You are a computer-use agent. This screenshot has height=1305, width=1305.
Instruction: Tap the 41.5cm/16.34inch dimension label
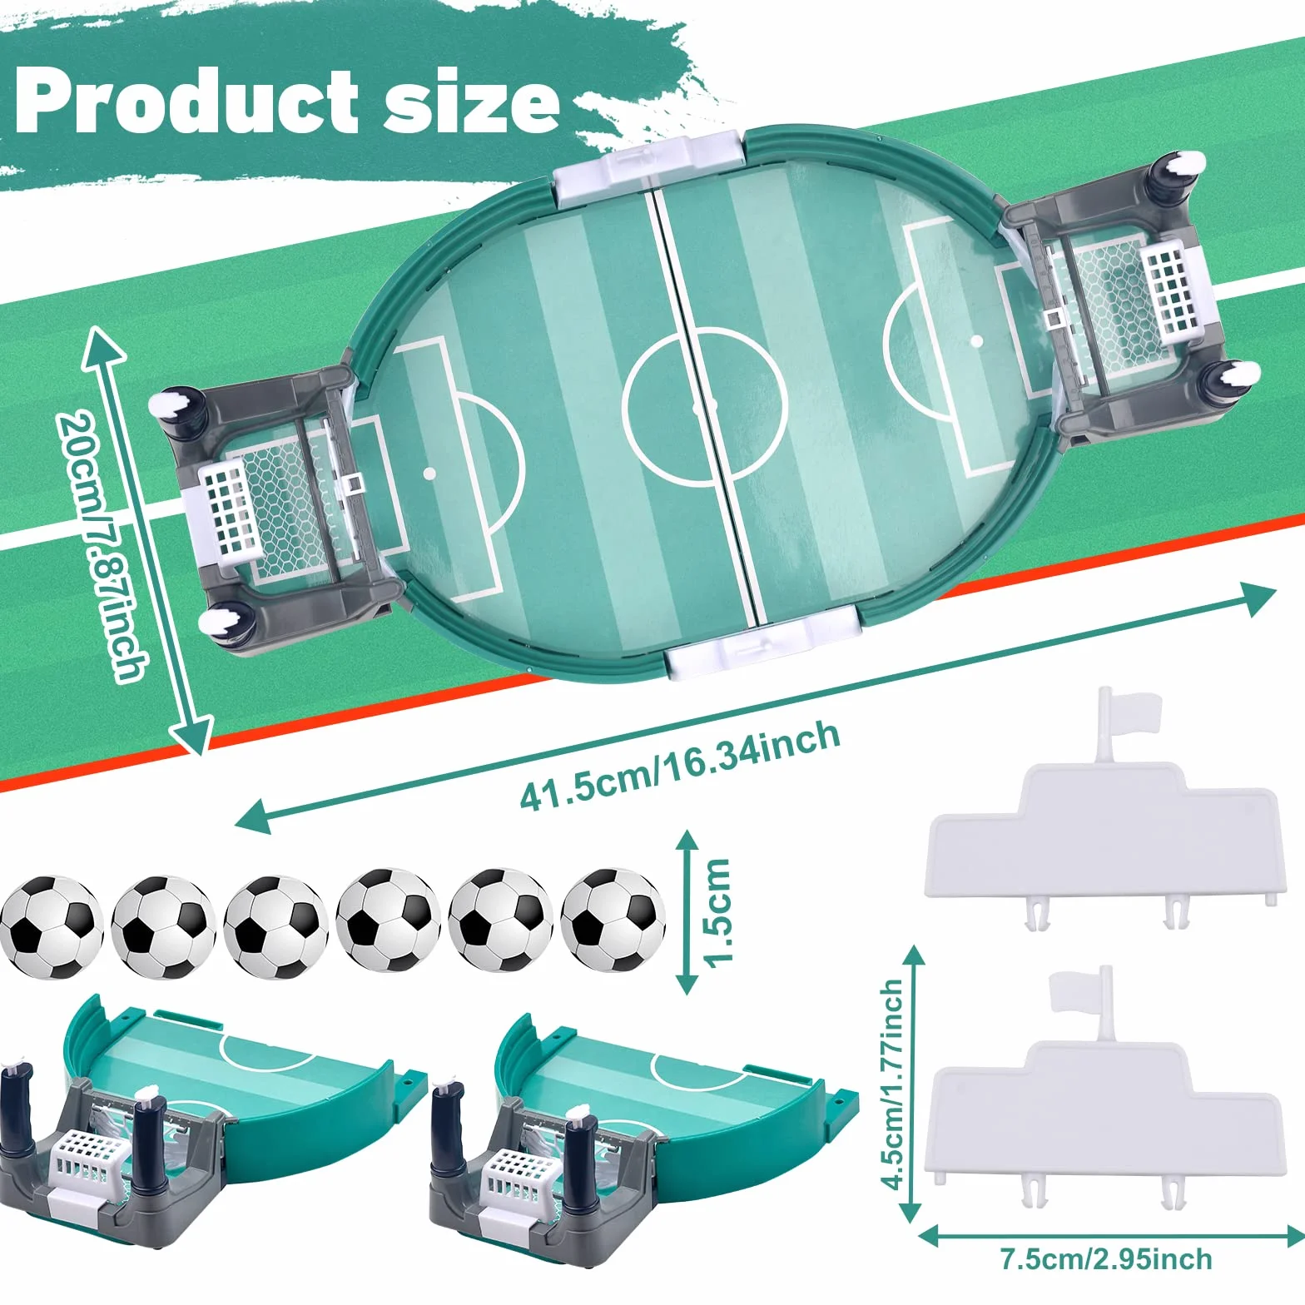tap(680, 765)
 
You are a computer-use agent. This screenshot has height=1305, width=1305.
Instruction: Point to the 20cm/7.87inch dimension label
tap(102, 546)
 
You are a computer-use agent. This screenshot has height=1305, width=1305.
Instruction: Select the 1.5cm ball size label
tap(717, 912)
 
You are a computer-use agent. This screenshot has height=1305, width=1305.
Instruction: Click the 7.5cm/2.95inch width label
tap(1106, 1258)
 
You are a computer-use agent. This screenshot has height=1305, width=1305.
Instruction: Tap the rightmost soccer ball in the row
tap(613, 920)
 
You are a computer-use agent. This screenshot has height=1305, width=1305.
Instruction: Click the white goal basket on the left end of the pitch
tap(226, 509)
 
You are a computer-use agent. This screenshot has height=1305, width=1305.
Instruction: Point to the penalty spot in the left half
tap(429, 473)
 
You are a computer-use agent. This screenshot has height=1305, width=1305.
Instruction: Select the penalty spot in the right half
tap(976, 340)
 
